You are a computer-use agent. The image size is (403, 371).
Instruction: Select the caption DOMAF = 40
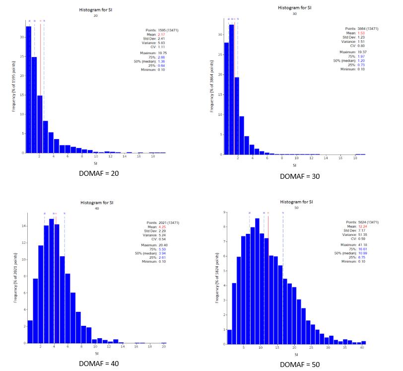pos(99,363)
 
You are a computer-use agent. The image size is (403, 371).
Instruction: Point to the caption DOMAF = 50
pos(300,365)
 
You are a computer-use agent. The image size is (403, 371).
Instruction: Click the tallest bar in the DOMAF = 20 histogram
pos(29,89)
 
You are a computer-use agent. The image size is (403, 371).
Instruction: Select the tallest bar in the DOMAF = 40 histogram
pos(52,281)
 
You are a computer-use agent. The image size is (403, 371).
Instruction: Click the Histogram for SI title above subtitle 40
pos(97,203)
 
